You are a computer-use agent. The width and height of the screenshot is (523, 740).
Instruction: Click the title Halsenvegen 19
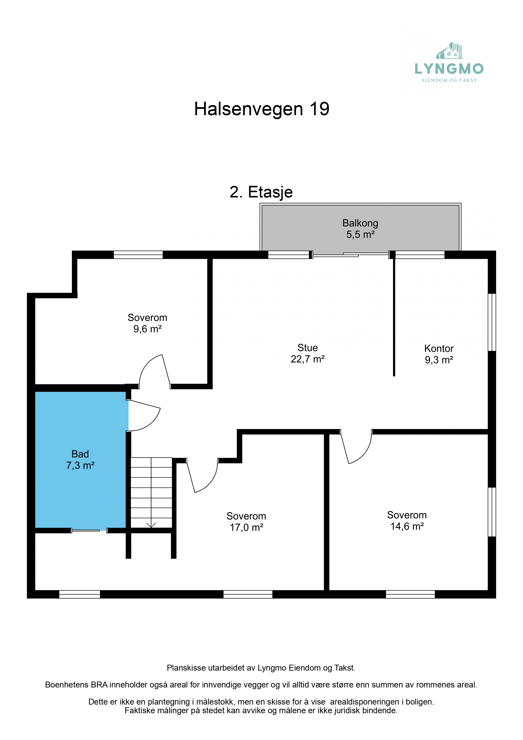(x=262, y=109)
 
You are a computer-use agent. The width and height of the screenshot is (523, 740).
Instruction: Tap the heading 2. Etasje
(x=261, y=192)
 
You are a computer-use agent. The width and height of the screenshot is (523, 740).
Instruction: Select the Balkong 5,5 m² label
(x=360, y=228)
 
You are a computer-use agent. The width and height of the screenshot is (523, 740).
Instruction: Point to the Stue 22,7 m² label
(x=307, y=353)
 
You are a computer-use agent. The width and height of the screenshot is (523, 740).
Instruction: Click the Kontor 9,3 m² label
(x=439, y=354)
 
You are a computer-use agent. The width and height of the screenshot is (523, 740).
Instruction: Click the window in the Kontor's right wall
(x=492, y=322)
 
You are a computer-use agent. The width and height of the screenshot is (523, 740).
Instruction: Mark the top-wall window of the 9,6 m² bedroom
(x=138, y=255)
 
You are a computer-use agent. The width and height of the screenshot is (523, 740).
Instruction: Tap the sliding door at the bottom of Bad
(x=89, y=531)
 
